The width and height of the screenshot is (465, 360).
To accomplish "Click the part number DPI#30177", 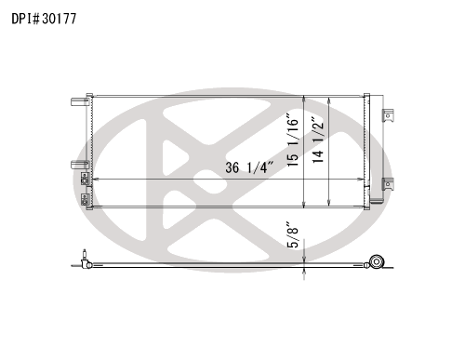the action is pyautogui.click(x=44, y=19).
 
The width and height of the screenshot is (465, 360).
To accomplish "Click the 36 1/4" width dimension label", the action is pyautogui.click(x=249, y=167).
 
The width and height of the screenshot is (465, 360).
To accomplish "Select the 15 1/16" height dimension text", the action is pyautogui.click(x=293, y=140).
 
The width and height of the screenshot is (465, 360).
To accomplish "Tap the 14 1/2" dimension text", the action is pyautogui.click(x=318, y=140).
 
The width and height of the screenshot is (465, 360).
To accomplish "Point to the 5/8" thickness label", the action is pyautogui.click(x=293, y=234).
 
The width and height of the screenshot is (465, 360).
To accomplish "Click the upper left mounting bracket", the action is pyautogui.click(x=80, y=101).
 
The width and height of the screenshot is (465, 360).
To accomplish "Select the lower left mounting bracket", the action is pyautogui.click(x=80, y=165).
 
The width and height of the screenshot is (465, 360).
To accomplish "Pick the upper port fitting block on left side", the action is pyautogui.click(x=85, y=179).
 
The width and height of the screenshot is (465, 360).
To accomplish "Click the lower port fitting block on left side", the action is pyautogui.click(x=85, y=199).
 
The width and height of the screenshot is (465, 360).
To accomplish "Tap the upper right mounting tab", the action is pyautogui.click(x=388, y=115).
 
